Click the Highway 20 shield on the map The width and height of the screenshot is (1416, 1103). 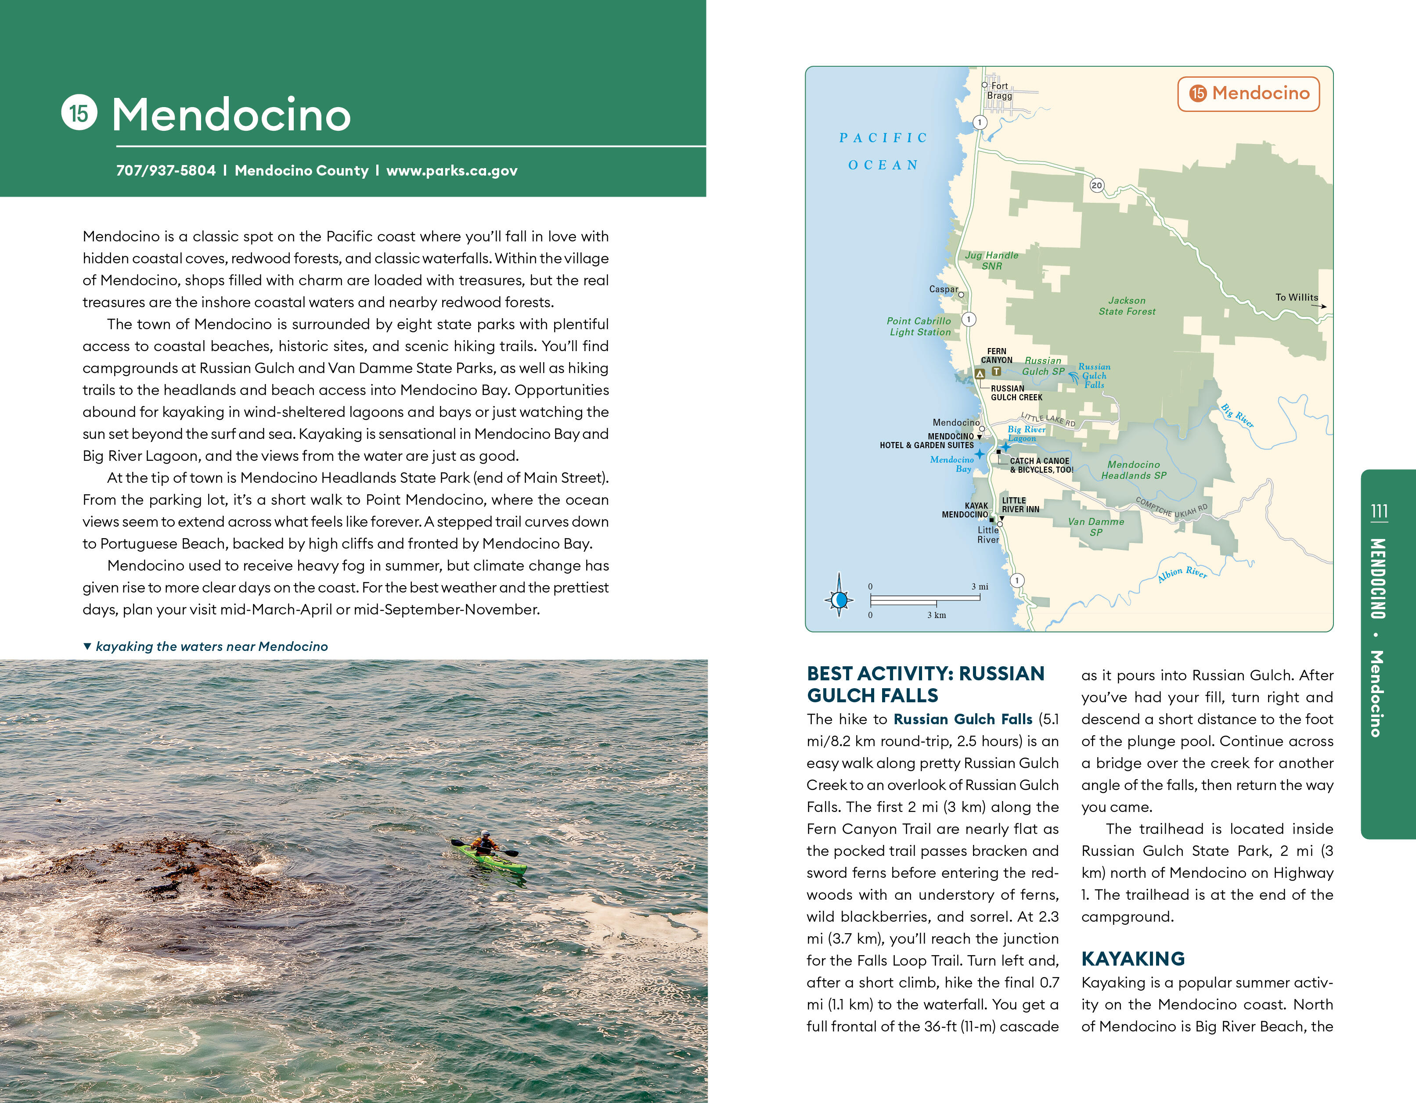pos(1096,185)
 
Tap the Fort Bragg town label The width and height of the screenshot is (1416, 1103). pos(999,91)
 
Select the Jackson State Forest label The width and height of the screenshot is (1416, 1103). pos(1127,306)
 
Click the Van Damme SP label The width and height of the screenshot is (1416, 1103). pos(1096,527)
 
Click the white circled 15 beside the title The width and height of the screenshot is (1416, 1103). pos(79,113)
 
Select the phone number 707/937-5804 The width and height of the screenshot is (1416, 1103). pos(166,170)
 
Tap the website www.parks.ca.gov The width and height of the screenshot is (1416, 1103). pos(452,170)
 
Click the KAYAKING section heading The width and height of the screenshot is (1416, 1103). pos(1133,959)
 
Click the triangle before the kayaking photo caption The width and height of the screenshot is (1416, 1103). pos(87,646)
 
